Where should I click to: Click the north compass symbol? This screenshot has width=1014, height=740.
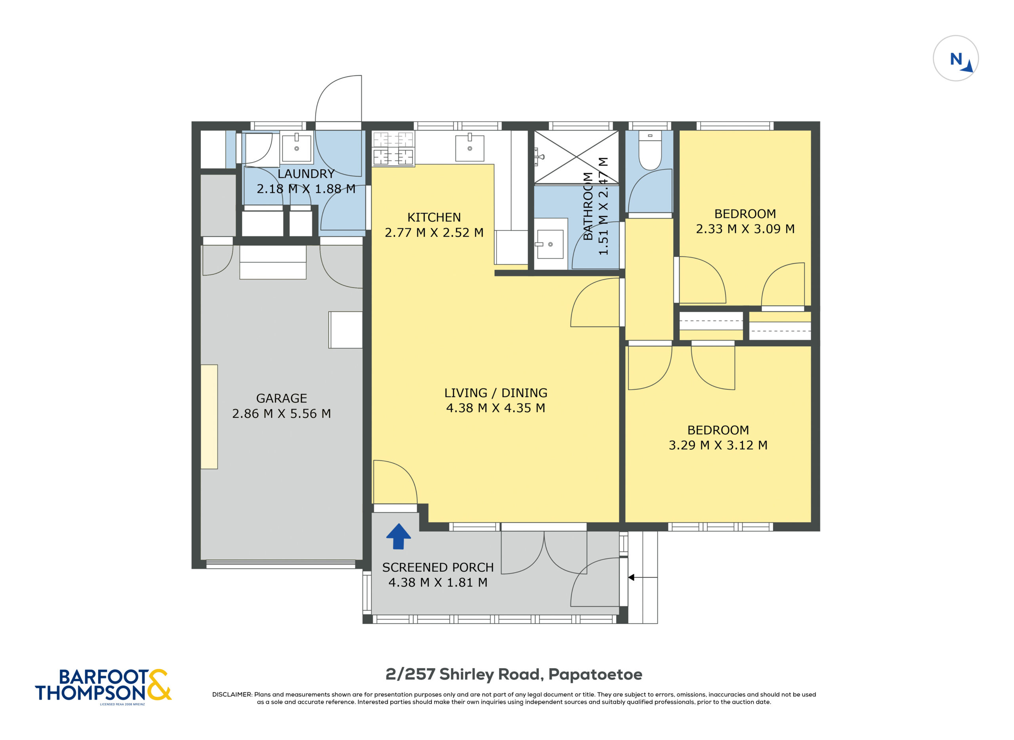click(955, 58)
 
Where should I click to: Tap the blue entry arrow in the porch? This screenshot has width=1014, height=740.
click(398, 536)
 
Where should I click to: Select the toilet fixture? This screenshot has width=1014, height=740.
click(650, 150)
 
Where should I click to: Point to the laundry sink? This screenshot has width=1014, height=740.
click(297, 148)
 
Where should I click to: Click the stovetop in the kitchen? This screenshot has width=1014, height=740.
click(393, 148)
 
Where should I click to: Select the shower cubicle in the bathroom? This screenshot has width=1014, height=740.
click(576, 157)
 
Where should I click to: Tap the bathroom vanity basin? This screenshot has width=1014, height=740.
click(550, 244)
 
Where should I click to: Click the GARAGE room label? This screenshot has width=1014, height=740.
click(281, 398)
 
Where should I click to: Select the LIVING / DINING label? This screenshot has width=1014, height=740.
click(496, 393)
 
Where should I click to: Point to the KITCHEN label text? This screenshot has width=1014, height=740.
click(434, 217)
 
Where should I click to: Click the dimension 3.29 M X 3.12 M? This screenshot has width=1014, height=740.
click(718, 445)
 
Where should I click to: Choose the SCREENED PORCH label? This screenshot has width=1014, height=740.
click(438, 567)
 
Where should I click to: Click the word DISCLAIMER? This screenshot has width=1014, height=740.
click(232, 694)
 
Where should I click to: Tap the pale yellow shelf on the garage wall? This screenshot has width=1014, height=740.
click(209, 417)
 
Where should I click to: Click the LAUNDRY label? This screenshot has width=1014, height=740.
click(306, 174)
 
